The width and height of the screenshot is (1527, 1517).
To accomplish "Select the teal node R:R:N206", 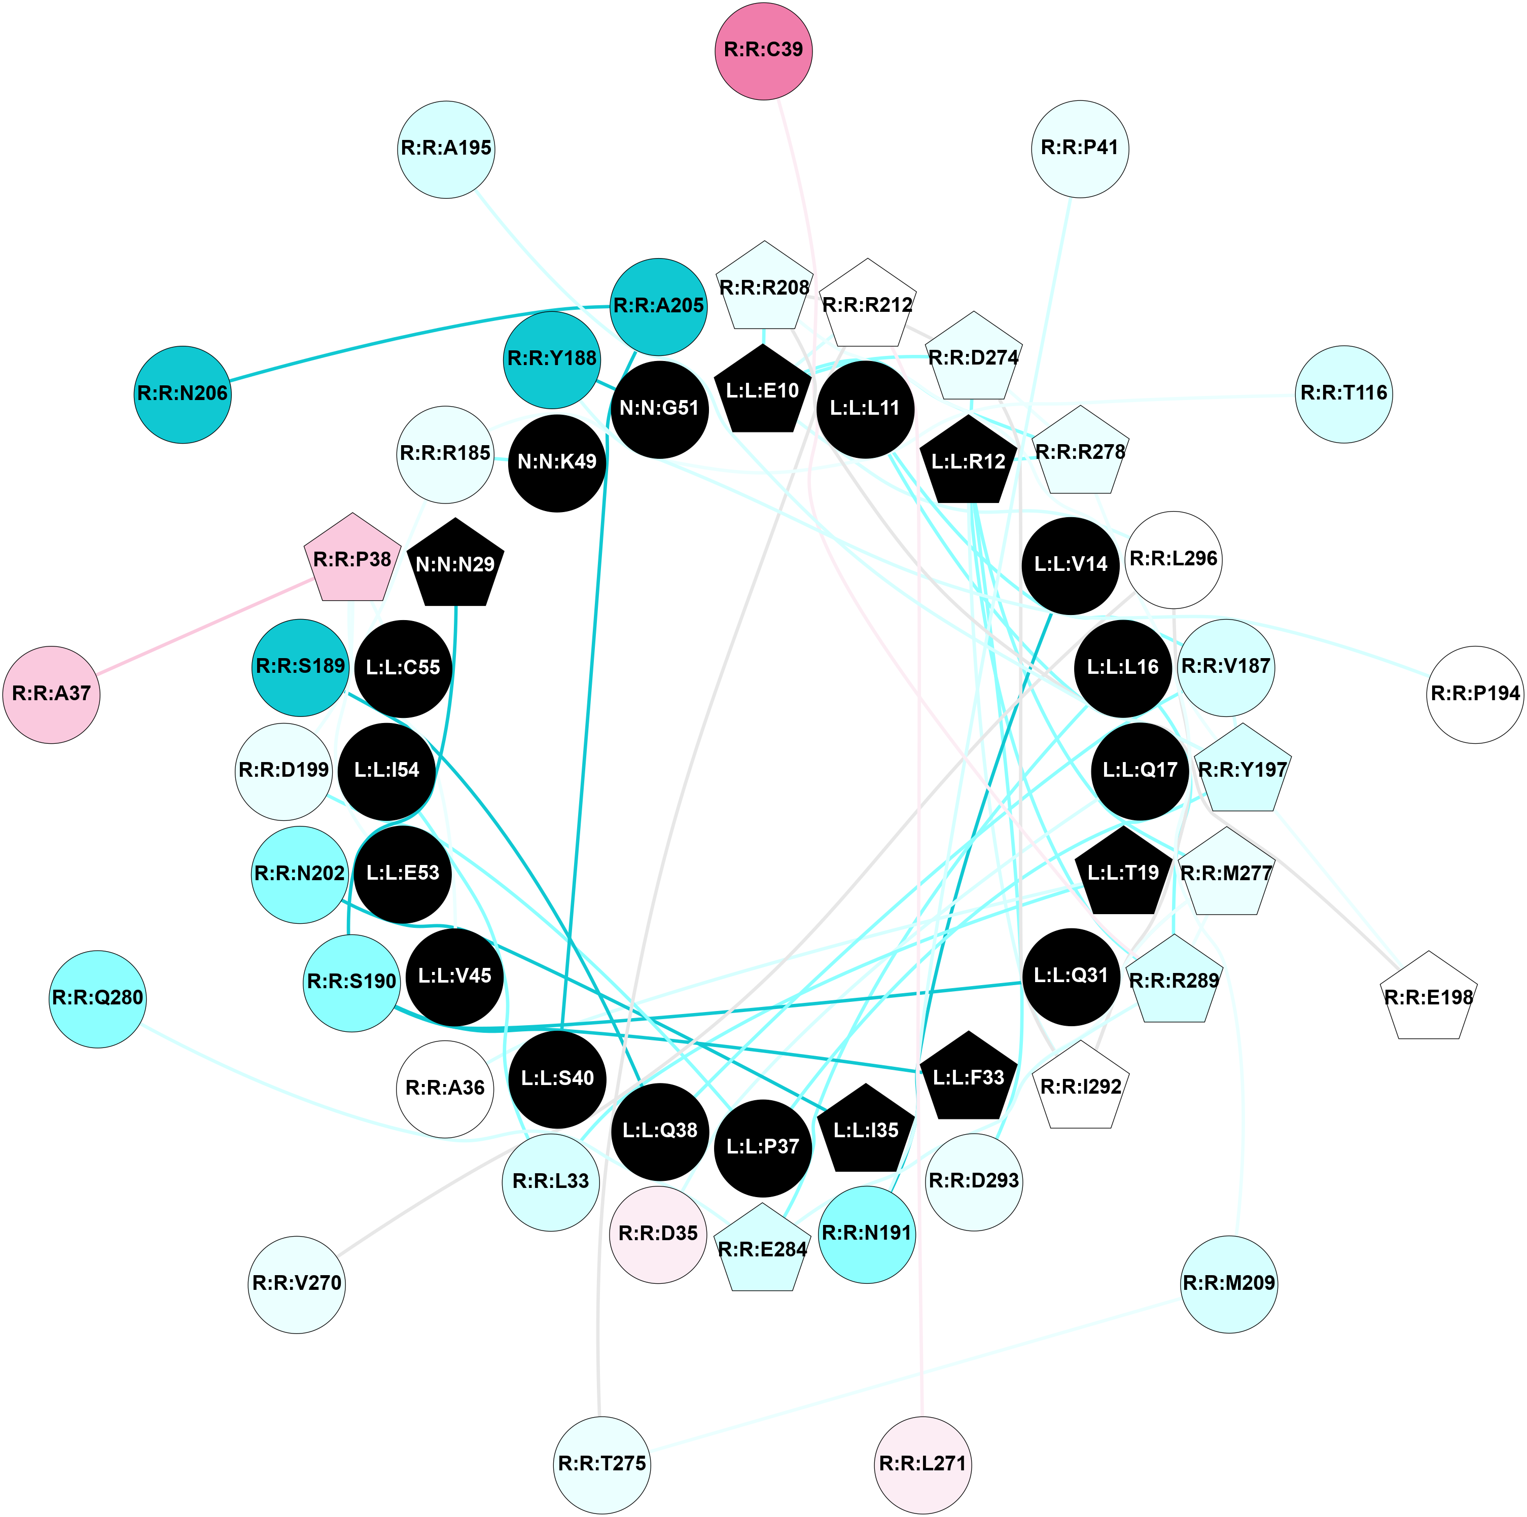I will [183, 394].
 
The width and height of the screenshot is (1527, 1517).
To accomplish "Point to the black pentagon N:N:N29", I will [455, 565].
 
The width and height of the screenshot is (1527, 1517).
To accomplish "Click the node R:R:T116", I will [1343, 393].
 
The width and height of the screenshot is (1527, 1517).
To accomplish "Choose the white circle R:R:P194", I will [1475, 695].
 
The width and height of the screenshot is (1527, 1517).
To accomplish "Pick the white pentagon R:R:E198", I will [1429, 998].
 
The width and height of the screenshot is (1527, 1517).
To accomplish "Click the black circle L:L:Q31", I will [1071, 977].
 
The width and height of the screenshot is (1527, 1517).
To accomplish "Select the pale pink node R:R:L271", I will [922, 1464].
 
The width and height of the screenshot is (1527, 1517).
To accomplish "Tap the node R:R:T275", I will [602, 1464].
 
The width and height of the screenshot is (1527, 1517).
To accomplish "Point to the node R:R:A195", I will [447, 149].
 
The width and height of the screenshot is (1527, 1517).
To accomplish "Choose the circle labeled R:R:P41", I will [1080, 149].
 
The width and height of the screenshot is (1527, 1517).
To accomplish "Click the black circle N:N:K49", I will [557, 463].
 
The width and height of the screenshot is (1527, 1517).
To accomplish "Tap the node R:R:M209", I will [1228, 1284].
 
